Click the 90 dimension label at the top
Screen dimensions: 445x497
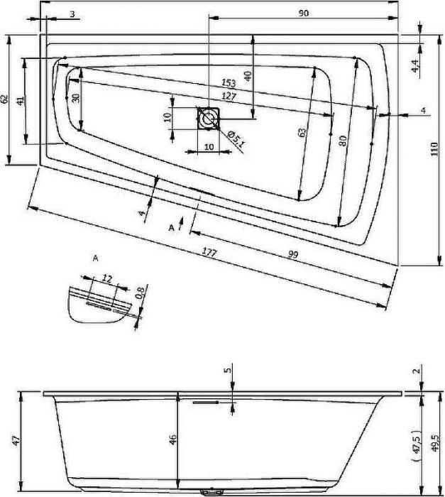pyautogui.click(x=303, y=13)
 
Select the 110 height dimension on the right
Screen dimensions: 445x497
pyautogui.click(x=434, y=148)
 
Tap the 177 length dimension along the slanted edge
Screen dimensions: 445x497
pyautogui.click(x=209, y=253)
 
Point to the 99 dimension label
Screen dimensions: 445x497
pyautogui.click(x=294, y=254)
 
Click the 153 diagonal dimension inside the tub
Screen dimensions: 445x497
pyautogui.click(x=229, y=83)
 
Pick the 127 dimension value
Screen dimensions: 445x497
pyautogui.click(x=229, y=96)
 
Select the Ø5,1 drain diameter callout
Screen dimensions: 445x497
pyautogui.click(x=237, y=139)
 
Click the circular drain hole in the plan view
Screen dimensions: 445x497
pyautogui.click(x=208, y=119)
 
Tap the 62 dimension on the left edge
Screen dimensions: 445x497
pyautogui.click(x=4, y=99)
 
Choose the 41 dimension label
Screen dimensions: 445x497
pyautogui.click(x=20, y=101)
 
